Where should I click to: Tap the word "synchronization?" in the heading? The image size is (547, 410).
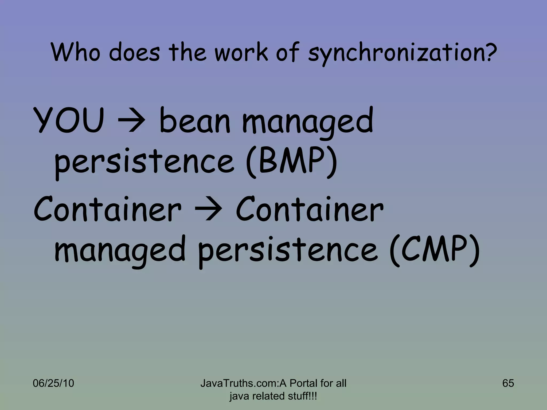(402, 53)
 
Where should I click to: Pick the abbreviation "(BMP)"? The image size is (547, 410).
(292, 162)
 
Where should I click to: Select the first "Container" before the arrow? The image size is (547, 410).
(107, 210)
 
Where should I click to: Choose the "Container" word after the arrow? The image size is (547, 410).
(309, 210)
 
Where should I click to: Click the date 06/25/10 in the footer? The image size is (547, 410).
(53, 383)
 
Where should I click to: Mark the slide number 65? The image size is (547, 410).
(508, 383)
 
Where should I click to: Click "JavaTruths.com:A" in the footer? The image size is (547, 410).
(243, 383)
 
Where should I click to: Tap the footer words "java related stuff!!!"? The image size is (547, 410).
(273, 396)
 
